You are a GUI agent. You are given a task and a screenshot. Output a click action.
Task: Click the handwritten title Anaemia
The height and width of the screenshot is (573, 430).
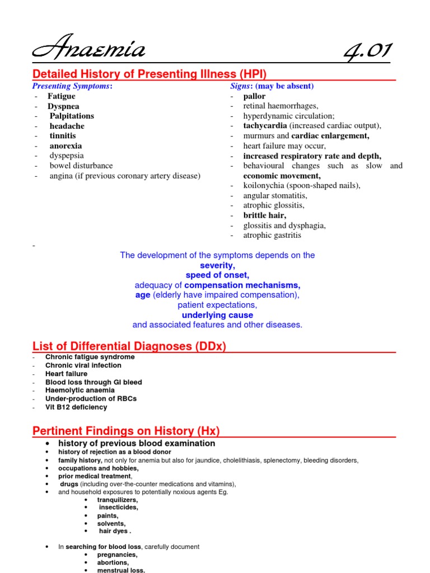90,51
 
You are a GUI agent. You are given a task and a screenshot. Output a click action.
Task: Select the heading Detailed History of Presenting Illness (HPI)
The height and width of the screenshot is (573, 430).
149,74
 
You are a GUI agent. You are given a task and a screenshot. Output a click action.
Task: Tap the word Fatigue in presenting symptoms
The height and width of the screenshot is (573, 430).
62,96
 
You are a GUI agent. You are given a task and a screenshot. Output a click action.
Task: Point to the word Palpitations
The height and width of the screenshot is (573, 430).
72,116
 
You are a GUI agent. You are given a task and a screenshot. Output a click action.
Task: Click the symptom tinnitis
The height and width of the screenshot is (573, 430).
63,135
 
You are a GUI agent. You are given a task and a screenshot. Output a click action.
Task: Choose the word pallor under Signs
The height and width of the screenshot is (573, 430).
254,96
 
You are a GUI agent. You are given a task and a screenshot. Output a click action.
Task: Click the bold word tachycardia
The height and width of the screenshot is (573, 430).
265,125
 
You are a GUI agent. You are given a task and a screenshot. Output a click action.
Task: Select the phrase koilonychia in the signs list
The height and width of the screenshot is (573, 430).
266,185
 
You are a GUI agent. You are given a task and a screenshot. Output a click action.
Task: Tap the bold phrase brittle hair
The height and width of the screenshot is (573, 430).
265,215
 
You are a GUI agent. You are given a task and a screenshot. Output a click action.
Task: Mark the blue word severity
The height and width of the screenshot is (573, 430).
217,265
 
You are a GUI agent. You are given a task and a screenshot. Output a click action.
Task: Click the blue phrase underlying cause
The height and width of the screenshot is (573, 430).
217,315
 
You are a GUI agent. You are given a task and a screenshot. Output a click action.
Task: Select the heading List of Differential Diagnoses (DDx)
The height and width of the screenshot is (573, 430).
129,346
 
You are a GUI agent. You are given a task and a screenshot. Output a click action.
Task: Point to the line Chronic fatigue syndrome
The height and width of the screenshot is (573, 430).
90,357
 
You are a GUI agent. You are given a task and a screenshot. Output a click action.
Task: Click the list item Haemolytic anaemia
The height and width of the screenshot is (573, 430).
80,390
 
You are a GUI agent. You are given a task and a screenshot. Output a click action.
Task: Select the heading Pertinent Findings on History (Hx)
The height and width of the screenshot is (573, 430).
127,431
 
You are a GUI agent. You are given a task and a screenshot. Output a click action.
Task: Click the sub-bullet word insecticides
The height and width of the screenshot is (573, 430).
119,507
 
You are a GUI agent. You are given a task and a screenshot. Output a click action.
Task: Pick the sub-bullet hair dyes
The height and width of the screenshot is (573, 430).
115,531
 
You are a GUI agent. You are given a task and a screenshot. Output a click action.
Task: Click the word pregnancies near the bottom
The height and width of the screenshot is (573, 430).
117,555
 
